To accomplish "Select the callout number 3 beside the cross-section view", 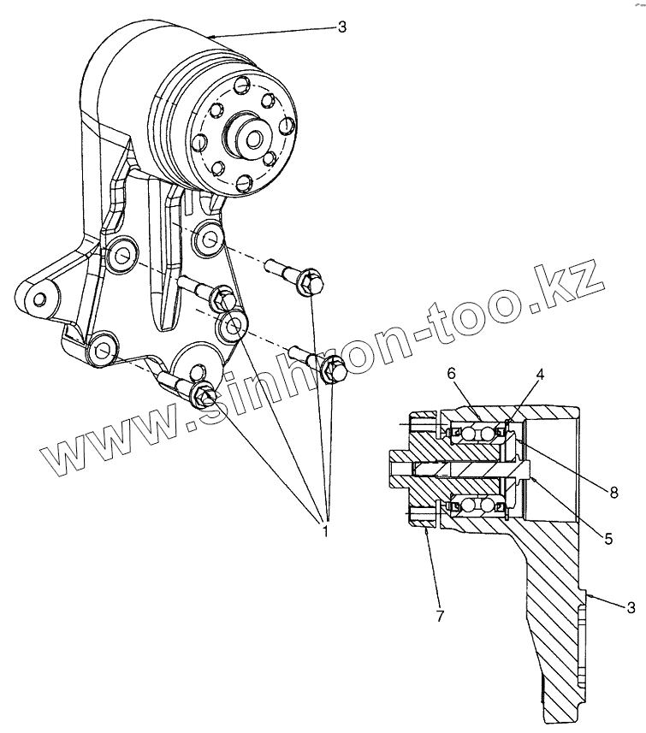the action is coord(631,607).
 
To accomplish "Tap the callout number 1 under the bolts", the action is coord(325,531).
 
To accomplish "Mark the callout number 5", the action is coord(607,539).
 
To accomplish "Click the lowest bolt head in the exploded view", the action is coord(203,394).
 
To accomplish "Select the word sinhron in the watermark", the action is coord(282,376).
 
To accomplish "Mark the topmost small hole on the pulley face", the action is coord(242,85).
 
